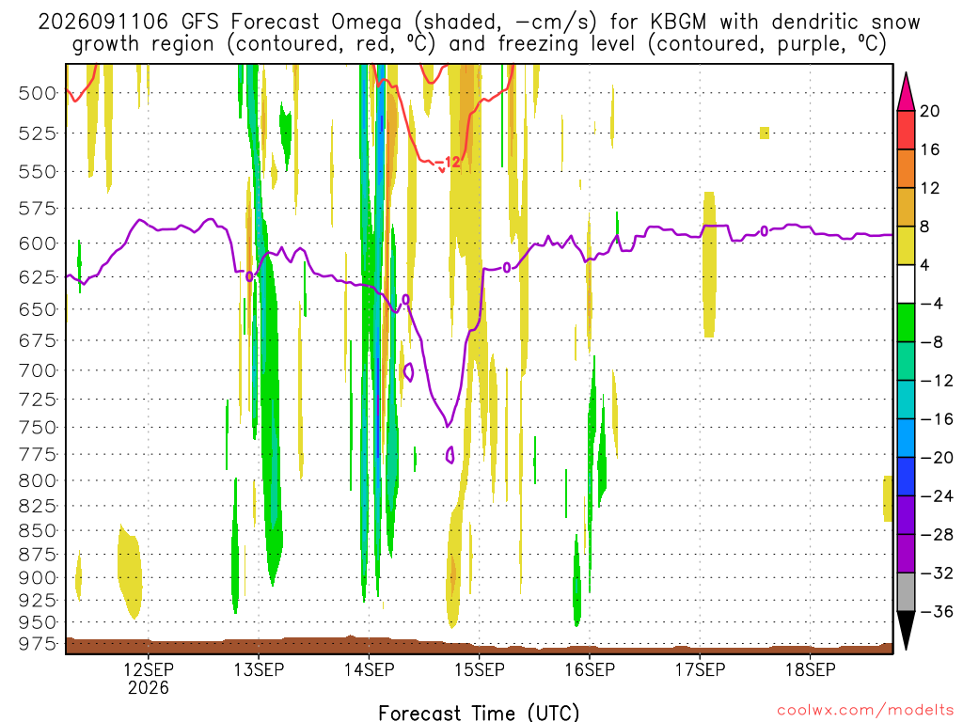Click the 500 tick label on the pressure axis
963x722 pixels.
coord(37,93)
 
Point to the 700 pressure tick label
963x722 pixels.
coord(37,370)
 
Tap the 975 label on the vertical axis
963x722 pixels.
coord(37,644)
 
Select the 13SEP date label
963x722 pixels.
coord(259,669)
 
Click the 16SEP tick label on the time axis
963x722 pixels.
coord(590,669)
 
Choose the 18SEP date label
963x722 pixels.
coord(810,669)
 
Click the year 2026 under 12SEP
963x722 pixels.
coord(148,687)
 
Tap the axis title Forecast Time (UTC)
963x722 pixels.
coord(479,713)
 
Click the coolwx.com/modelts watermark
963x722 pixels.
coord(865,711)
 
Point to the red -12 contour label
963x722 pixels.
coord(449,162)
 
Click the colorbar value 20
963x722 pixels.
coord(929,111)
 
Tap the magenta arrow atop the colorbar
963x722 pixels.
coord(906,91)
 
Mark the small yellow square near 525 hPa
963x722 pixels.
coord(765,133)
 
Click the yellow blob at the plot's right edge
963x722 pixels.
coord(888,498)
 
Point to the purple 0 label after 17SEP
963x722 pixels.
coord(764,231)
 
